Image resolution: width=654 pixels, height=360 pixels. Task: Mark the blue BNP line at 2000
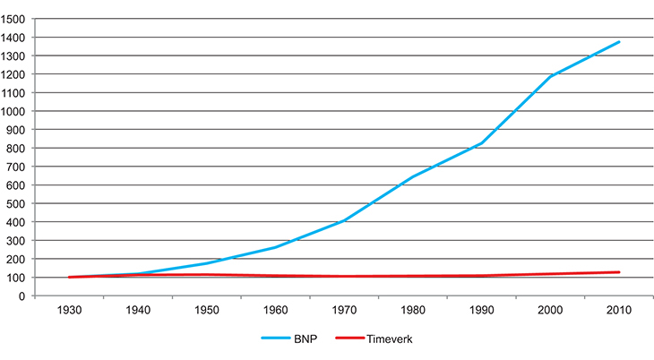[550, 77]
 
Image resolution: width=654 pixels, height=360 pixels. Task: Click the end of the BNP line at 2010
[619, 42]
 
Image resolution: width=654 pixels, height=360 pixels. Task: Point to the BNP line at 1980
[413, 176]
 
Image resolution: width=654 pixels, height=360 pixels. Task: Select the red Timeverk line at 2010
[619, 272]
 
